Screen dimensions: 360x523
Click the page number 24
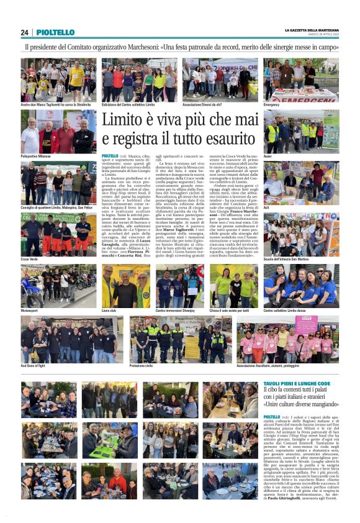(x=24, y=32)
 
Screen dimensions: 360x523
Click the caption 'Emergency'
(x=271, y=105)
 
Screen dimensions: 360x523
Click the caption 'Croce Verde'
(x=30, y=258)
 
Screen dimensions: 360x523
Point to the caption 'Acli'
(x=267, y=207)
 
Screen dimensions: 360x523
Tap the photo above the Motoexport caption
(x=58, y=284)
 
